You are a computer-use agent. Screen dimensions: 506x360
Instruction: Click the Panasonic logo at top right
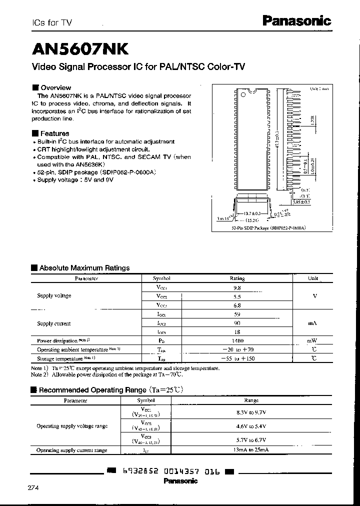[x=296, y=21]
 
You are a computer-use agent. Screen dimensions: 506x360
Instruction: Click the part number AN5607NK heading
[x=80, y=48]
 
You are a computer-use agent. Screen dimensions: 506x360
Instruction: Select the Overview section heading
[x=55, y=87]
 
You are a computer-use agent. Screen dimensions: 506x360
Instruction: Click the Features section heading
[x=54, y=133]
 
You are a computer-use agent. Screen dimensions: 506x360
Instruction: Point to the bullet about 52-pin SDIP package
[x=96, y=172]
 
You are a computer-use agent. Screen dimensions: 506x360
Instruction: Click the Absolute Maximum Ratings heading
[x=83, y=268]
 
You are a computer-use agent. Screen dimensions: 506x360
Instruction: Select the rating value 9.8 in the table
[x=237, y=287]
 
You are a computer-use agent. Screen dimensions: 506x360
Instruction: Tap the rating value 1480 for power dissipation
[x=237, y=340]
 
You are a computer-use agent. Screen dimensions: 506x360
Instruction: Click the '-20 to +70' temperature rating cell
[x=237, y=349]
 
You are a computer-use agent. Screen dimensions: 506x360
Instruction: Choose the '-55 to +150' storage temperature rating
[x=237, y=358]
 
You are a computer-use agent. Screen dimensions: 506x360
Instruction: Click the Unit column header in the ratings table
[x=313, y=278]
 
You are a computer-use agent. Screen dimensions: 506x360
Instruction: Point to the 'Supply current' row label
[x=54, y=323]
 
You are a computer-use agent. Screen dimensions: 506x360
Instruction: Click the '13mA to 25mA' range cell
[x=251, y=450]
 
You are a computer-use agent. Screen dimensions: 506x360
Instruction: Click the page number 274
[x=33, y=487]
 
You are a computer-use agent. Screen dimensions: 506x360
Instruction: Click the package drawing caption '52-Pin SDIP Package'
[x=268, y=227]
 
